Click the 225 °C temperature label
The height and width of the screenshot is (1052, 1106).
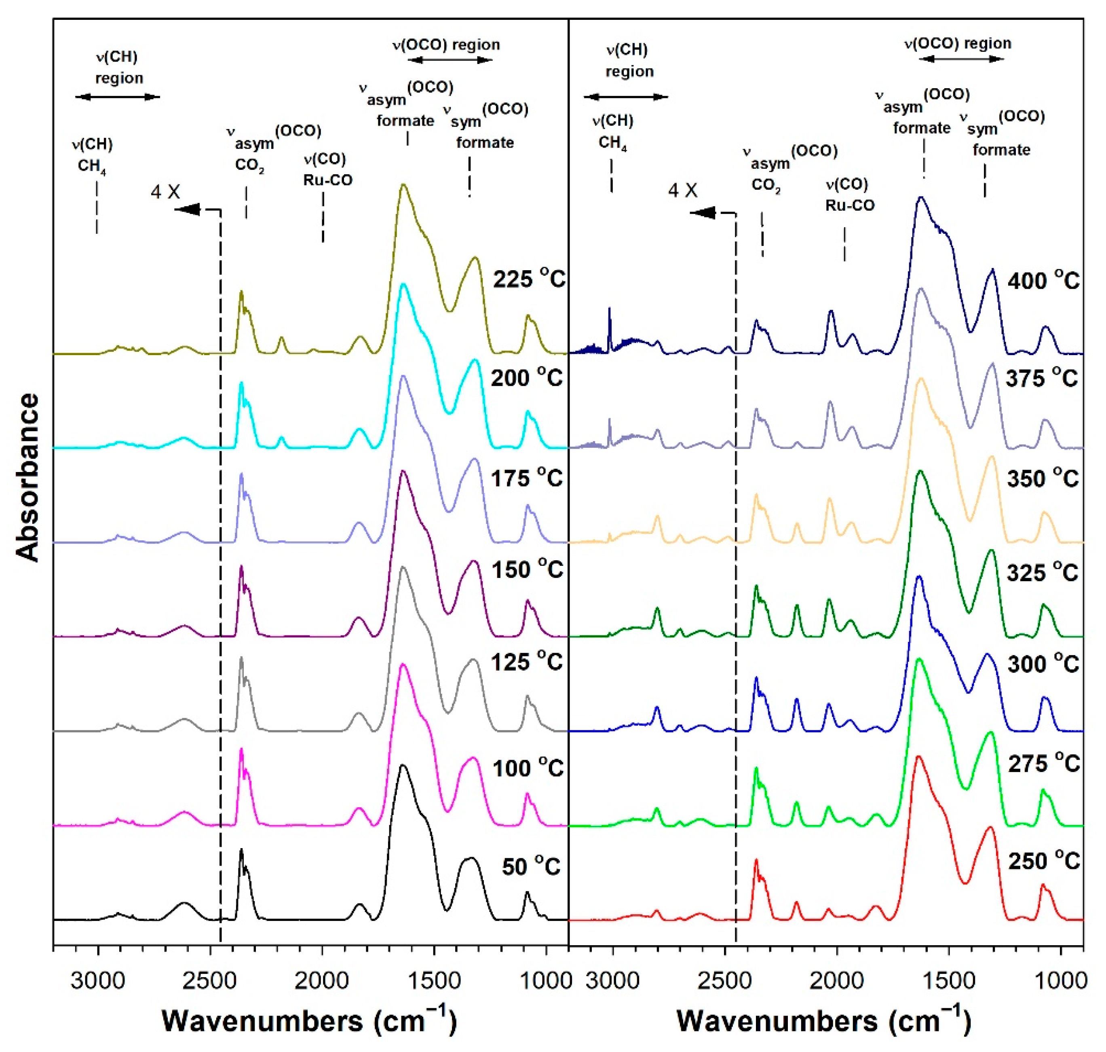click(529, 279)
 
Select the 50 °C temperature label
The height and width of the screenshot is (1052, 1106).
click(530, 866)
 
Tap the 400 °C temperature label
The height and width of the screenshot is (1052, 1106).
click(1043, 280)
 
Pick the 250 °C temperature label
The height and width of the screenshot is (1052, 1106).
click(1043, 861)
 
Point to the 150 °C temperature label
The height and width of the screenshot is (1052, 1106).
click(527, 570)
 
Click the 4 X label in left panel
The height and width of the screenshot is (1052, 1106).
click(165, 193)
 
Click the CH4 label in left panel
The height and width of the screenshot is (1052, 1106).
click(91, 167)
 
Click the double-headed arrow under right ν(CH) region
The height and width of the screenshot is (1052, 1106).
click(626, 96)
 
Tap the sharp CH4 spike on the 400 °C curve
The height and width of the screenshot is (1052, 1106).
click(609, 309)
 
